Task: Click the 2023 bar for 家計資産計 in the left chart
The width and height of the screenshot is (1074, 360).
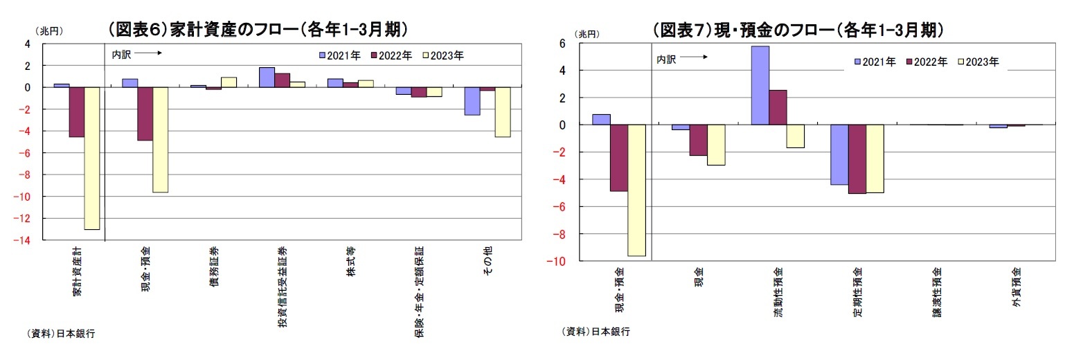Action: (x=91, y=158)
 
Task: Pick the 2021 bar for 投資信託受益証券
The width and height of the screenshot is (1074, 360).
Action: (x=267, y=78)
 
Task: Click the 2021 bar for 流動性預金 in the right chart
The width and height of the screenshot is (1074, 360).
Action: (x=760, y=85)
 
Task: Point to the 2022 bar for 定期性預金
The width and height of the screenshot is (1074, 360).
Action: (x=856, y=159)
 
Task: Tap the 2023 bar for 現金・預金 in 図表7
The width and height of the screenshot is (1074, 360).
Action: (x=636, y=190)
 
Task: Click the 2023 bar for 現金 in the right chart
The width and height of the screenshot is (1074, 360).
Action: (x=715, y=145)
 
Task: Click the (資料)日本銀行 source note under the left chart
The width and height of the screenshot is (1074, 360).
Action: (x=61, y=334)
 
